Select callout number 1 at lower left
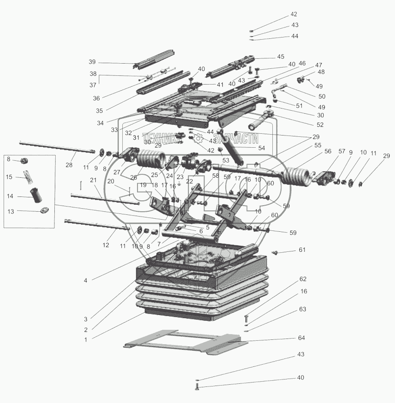pyautogui.click(x=86, y=339)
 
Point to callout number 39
pyautogui.click(x=92, y=62)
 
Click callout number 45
pyautogui.click(x=280, y=57)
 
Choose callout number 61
pyautogui.click(x=302, y=250)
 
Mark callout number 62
pyautogui.click(x=303, y=278)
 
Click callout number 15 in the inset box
pyautogui.click(x=9, y=177)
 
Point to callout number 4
pyautogui.click(x=86, y=281)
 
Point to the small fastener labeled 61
pyautogui.click(x=274, y=252)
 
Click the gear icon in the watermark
pyautogui.click(x=199, y=138)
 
